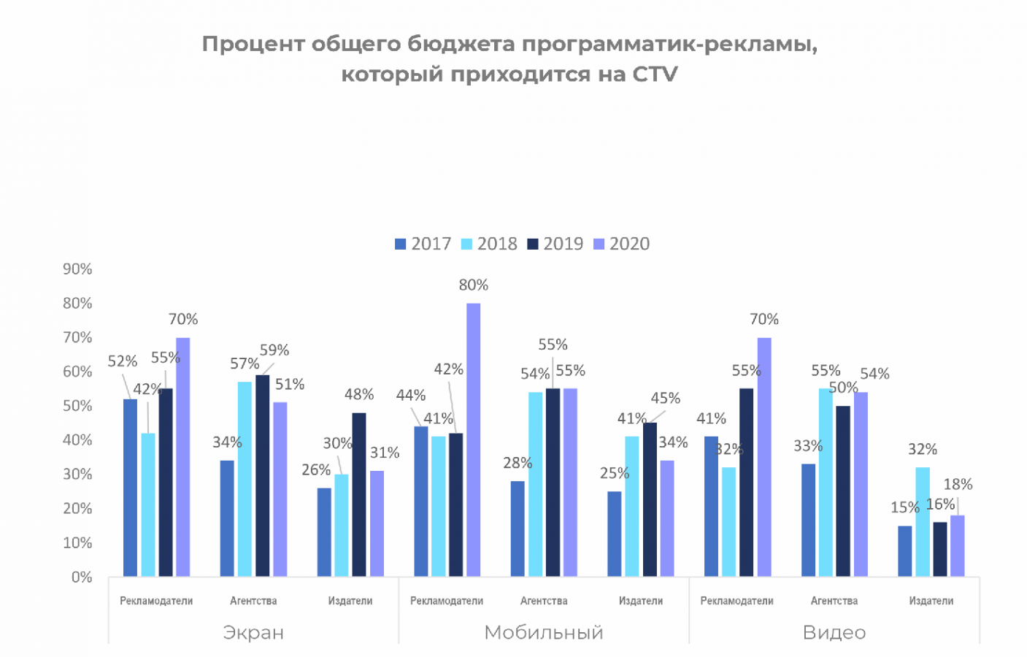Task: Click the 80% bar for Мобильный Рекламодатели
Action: click(473, 439)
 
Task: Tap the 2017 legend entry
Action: click(423, 244)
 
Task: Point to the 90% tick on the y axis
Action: click(77, 269)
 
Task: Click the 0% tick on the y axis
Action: click(82, 577)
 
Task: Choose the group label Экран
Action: click(253, 632)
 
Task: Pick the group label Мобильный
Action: click(544, 632)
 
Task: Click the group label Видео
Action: click(834, 632)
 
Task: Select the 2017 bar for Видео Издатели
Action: click(904, 551)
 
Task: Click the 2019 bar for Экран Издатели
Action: click(359, 495)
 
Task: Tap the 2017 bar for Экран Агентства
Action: click(227, 518)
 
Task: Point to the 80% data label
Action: click(473, 285)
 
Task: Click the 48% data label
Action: click(359, 394)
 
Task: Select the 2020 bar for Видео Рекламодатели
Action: click(764, 457)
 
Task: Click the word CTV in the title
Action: click(655, 74)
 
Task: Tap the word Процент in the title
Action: click(253, 44)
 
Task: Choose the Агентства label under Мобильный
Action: click(544, 601)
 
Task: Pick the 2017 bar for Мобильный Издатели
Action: click(615, 534)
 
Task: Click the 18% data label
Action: click(958, 484)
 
